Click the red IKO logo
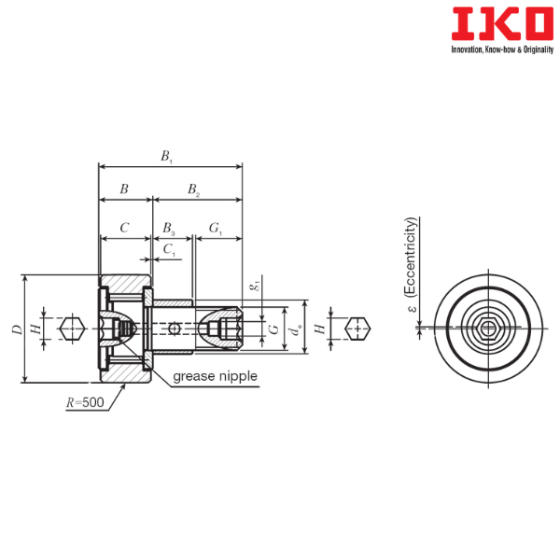tap(502, 24)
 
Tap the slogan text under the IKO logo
tap(502, 49)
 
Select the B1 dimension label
tap(166, 157)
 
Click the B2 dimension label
tap(193, 189)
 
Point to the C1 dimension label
tap(169, 249)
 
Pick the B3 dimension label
tap(169, 229)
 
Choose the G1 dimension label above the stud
tap(216, 229)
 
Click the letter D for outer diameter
tap(17, 329)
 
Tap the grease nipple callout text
tap(215, 376)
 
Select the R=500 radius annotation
tap(85, 402)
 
